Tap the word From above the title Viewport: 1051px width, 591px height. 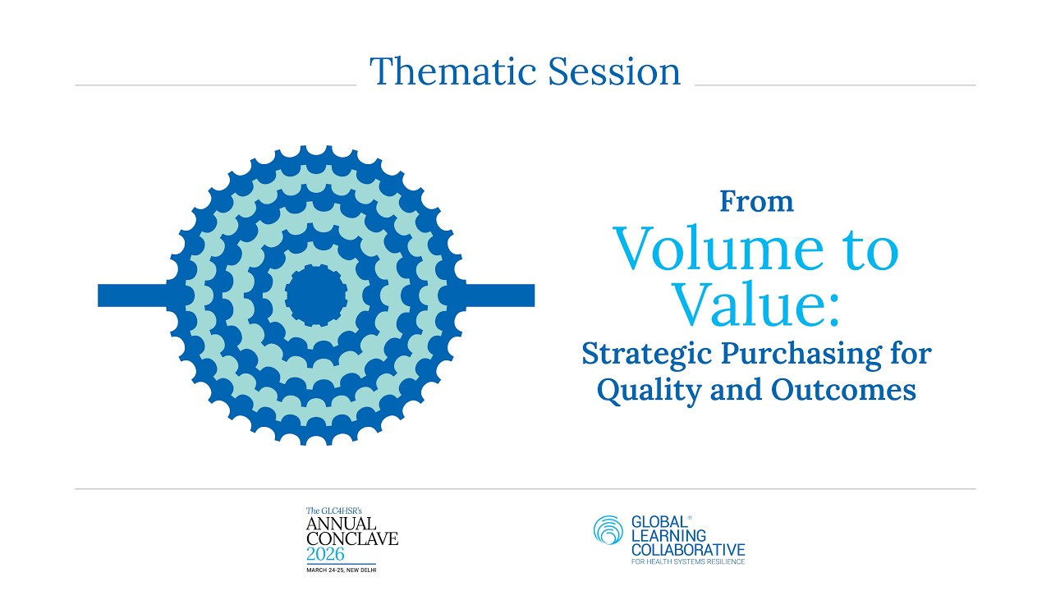(756, 201)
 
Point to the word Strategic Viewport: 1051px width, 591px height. (646, 355)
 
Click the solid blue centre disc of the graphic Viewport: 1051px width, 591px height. (316, 295)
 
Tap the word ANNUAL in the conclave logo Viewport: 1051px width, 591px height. (342, 524)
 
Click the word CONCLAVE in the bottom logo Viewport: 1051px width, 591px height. (351, 538)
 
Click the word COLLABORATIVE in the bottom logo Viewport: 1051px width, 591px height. (687, 548)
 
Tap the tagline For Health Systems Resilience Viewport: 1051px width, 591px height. (687, 561)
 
